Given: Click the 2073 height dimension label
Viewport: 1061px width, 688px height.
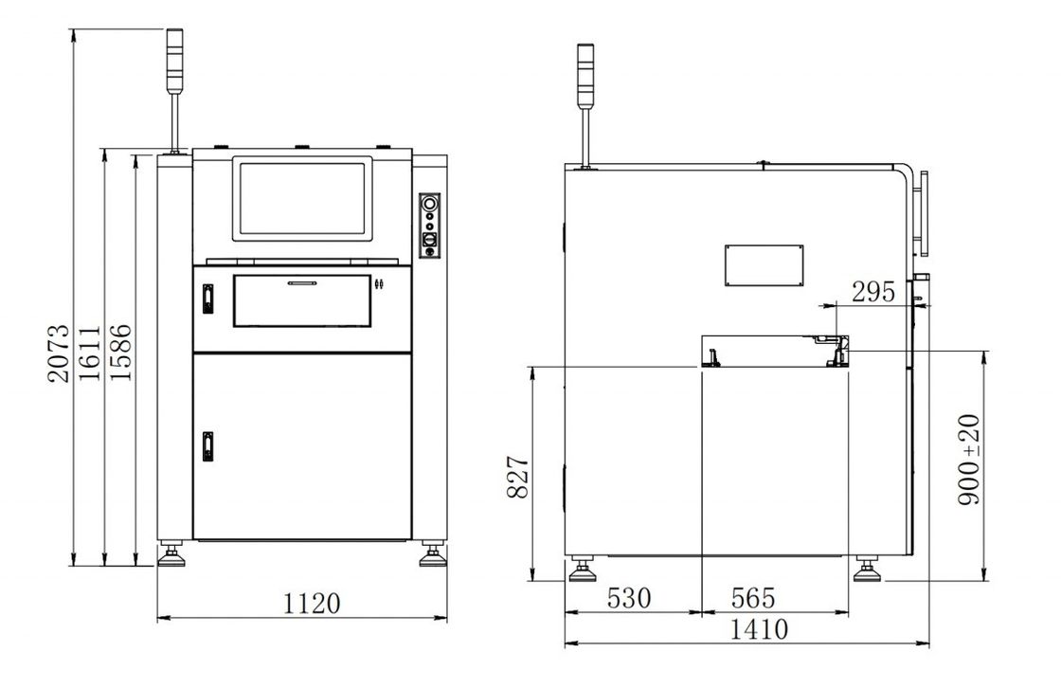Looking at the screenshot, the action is click(x=59, y=353).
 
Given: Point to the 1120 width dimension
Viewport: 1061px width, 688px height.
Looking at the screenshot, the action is click(x=312, y=603).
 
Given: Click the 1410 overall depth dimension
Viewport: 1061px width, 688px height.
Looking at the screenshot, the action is click(x=759, y=629).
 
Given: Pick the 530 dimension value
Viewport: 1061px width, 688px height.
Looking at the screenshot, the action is click(x=629, y=598).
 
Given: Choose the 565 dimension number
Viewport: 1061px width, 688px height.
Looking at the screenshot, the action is click(x=753, y=598).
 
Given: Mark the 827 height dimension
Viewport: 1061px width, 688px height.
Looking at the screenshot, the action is click(x=518, y=477).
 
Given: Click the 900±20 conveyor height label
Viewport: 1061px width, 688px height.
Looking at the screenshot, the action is click(x=969, y=459).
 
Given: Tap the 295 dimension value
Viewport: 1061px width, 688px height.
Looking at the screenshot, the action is click(x=872, y=292).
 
